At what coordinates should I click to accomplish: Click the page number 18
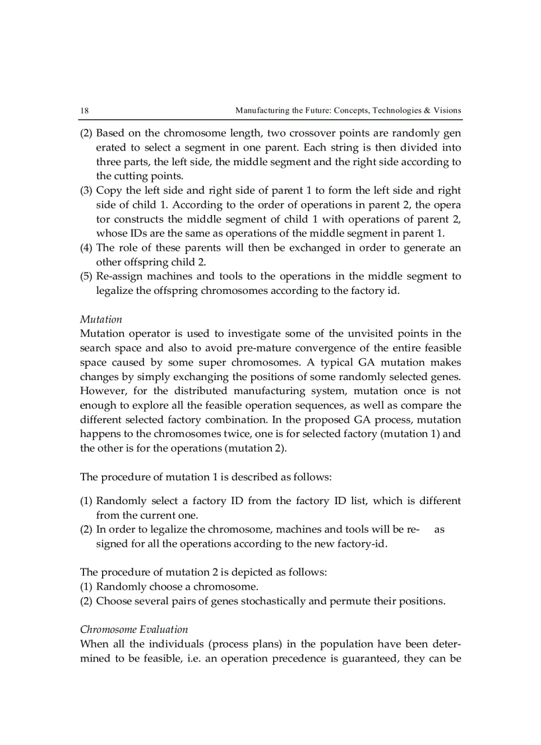84,110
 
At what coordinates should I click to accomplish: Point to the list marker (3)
87,190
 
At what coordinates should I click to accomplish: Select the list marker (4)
87,247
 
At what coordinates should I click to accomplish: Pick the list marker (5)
87,276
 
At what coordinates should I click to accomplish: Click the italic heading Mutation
96,319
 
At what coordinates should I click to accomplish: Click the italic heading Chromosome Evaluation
134,629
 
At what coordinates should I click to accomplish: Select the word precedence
304,658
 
